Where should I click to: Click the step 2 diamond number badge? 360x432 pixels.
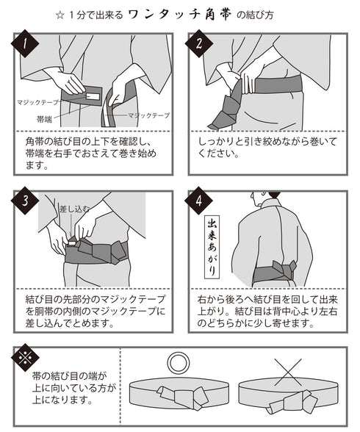199,43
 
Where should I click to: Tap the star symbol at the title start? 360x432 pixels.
60,15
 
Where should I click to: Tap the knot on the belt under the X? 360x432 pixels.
294,401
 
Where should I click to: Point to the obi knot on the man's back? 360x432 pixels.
283,270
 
